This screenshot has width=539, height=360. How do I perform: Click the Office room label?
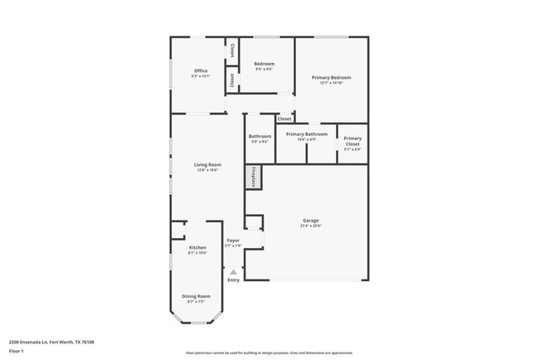[201, 71]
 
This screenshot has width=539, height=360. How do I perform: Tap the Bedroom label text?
[264, 64]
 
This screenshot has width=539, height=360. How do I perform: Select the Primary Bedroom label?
[331, 78]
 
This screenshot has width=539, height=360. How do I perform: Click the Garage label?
[310, 220]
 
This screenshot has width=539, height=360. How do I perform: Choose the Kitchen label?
[197, 248]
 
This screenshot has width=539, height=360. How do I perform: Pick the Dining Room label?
[197, 296]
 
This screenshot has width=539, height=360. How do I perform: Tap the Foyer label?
[233, 241]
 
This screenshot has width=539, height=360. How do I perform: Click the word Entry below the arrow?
[233, 280]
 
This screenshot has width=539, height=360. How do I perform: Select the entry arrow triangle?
[233, 270]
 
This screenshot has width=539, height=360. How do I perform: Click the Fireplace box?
[254, 177]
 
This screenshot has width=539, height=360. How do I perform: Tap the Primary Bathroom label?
[306, 134]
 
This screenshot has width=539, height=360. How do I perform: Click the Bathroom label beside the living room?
[260, 136]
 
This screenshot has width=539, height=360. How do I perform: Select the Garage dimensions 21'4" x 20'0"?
[310, 226]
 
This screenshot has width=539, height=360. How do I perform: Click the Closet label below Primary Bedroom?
[284, 119]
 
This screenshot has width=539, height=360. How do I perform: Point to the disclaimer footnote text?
[269, 353]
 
